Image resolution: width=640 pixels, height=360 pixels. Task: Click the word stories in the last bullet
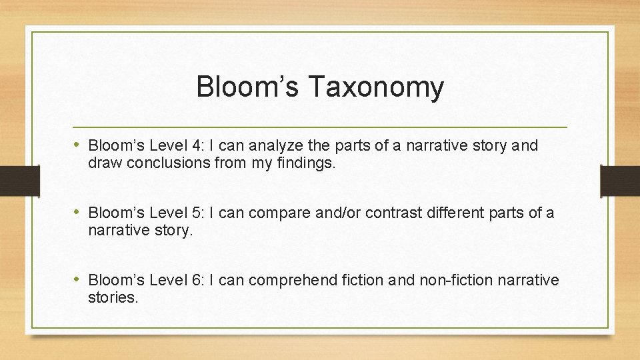(112, 297)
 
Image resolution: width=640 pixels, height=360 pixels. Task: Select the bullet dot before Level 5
(78, 213)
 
